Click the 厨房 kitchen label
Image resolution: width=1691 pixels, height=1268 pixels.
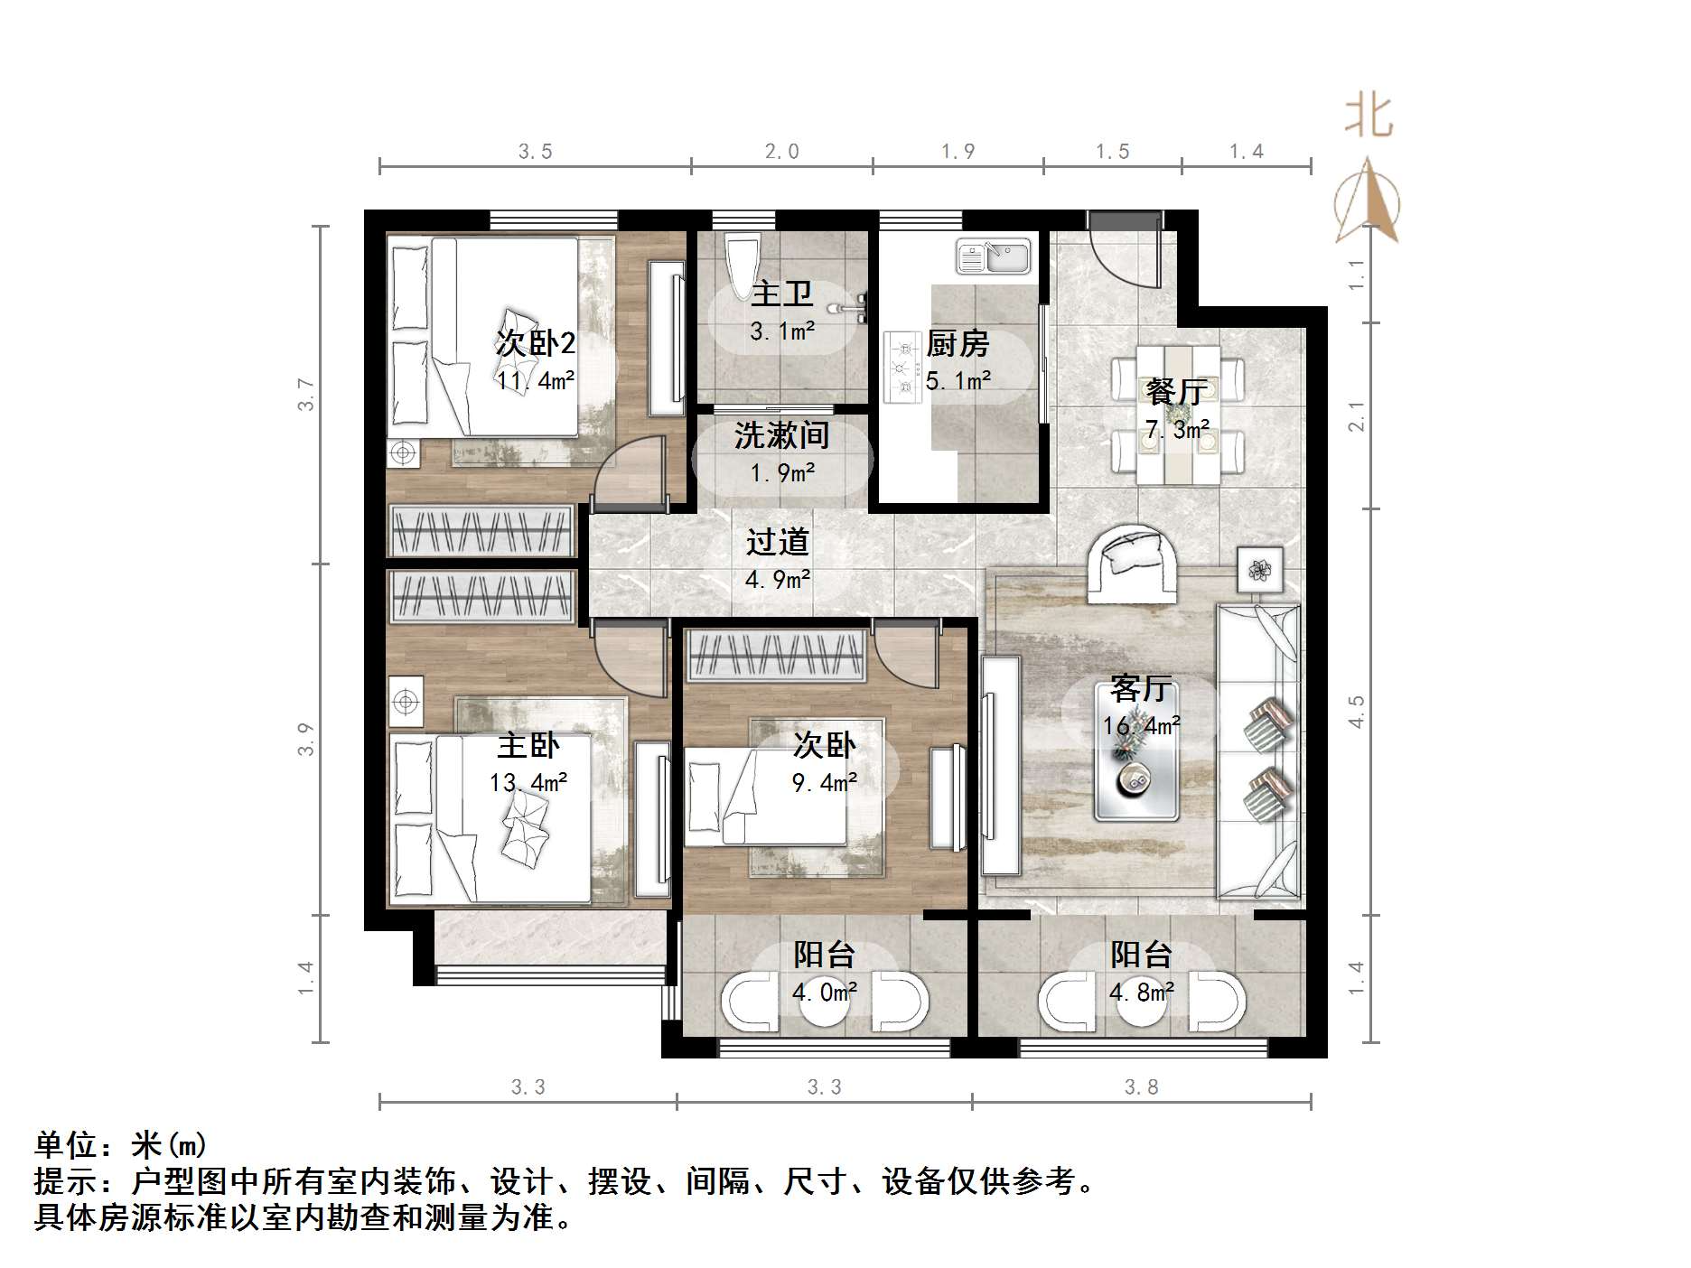tap(958, 344)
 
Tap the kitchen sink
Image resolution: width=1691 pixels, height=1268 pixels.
tap(994, 256)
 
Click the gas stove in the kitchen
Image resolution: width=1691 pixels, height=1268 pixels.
tap(900, 367)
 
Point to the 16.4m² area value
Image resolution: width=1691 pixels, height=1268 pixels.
tap(1141, 725)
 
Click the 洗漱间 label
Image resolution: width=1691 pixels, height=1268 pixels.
tap(781, 436)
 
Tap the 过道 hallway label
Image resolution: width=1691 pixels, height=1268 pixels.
tap(777, 542)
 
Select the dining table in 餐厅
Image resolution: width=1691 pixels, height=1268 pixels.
tap(1178, 415)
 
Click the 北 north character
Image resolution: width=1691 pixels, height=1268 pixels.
tap(1369, 117)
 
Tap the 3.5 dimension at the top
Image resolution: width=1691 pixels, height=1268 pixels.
tap(535, 152)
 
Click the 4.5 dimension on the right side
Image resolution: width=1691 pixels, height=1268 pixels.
tap(1357, 712)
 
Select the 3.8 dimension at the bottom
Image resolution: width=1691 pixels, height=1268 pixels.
tap(1141, 1087)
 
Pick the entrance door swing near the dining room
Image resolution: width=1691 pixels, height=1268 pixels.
tap(1124, 253)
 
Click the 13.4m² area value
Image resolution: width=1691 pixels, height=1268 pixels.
tap(528, 782)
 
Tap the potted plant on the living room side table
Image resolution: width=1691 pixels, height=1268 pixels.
tap(1259, 570)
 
